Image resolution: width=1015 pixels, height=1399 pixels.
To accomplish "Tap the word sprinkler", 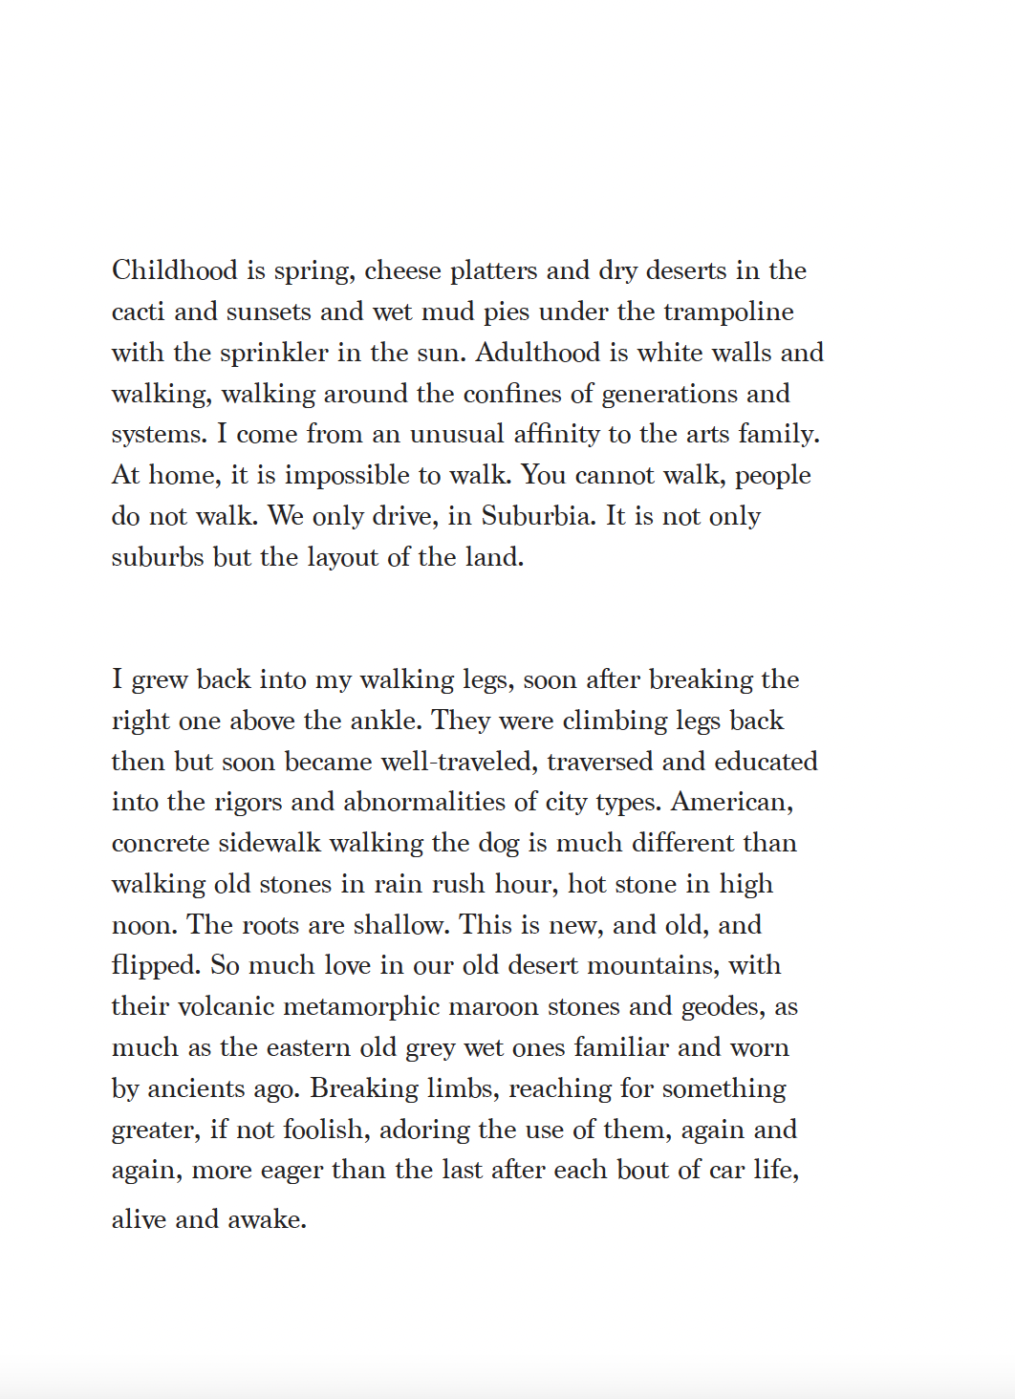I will pyautogui.click(x=274, y=353).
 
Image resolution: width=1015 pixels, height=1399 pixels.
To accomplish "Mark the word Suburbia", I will pyautogui.click(x=538, y=516).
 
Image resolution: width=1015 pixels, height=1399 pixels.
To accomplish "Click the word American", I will pyautogui.click(x=731, y=802).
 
